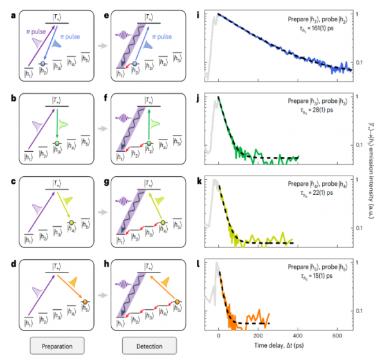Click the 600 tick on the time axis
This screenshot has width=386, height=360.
click(336, 336)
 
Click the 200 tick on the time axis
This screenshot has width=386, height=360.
click(258, 336)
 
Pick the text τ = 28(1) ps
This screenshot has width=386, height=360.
click(332, 112)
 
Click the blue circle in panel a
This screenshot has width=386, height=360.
click(42, 65)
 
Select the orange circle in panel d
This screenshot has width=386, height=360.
click(83, 301)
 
